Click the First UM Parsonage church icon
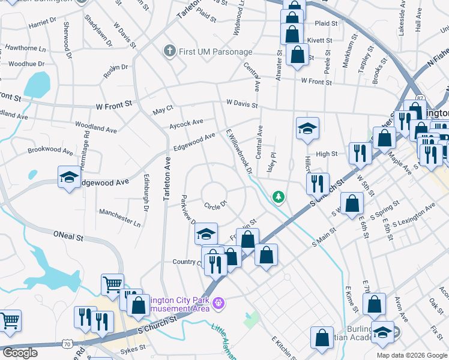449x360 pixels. pos(172,52)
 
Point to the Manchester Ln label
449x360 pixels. pos(119,217)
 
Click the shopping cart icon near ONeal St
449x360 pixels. pos(112,284)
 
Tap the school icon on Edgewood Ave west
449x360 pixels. pos(70,177)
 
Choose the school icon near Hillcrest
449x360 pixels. pos(307,128)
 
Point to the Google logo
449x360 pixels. pos(20,353)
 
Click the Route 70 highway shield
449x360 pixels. pos(70,344)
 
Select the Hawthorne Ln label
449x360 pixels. pos(25,48)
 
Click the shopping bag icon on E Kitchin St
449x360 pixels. pos(322,337)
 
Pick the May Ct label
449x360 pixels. pos(163,109)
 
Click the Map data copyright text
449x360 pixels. pos(411,355)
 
